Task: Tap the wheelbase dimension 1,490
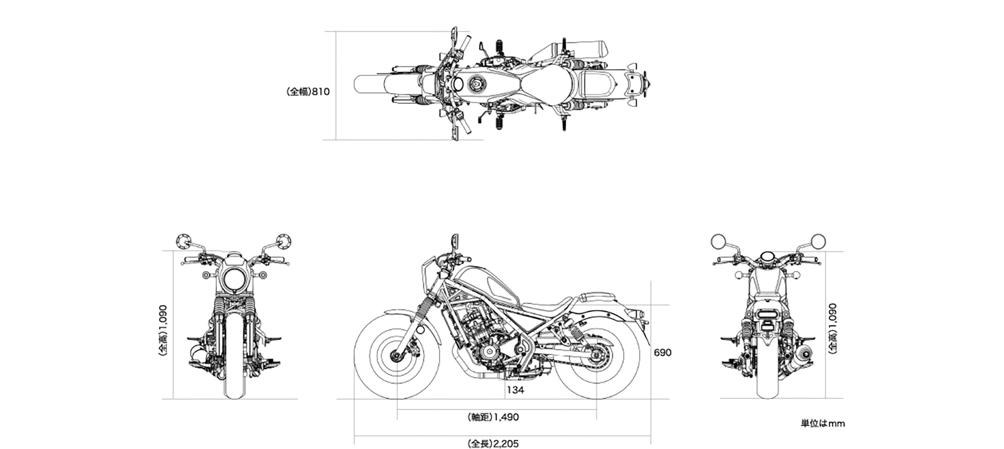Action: (x=493, y=417)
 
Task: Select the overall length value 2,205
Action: (x=493, y=443)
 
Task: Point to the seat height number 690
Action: (x=662, y=353)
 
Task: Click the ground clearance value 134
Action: (x=515, y=390)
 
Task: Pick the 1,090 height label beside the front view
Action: (x=163, y=330)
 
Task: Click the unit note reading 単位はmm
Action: (x=822, y=423)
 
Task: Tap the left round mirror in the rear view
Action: (x=719, y=241)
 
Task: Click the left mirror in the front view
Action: (x=182, y=241)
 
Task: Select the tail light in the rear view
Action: (x=768, y=315)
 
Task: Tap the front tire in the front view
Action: (x=234, y=381)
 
